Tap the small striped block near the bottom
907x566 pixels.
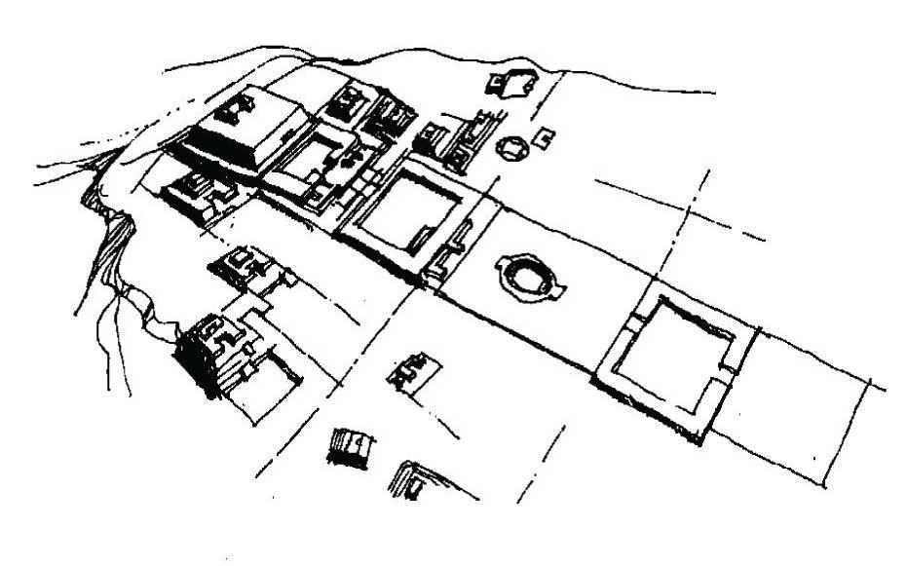point(350,446)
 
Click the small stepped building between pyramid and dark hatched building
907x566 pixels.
point(239,265)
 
